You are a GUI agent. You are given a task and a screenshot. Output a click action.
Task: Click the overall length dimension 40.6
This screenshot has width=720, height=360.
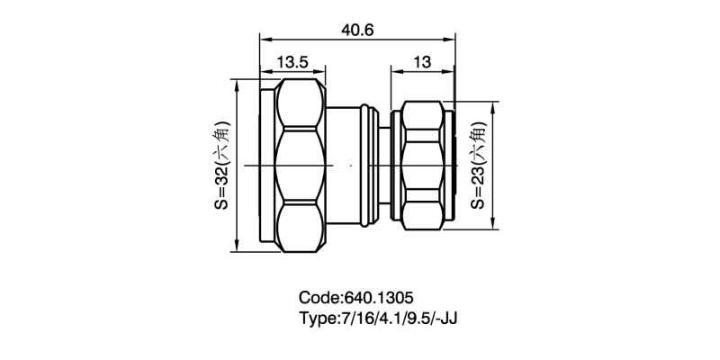coord(357,29)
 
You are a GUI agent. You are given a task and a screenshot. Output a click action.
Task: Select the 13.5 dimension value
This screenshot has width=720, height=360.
coord(293,62)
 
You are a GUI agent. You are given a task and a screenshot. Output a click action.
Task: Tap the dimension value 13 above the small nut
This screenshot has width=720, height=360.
coord(422,62)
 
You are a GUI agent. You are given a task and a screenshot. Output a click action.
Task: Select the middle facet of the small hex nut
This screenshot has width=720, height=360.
coord(423,166)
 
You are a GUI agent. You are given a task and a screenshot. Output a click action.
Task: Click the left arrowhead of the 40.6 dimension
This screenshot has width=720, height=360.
coord(264,39)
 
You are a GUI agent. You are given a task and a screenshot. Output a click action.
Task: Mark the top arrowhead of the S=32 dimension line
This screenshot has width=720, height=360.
coord(236,83)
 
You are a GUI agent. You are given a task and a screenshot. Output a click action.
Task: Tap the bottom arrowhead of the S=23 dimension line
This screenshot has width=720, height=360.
coord(493,227)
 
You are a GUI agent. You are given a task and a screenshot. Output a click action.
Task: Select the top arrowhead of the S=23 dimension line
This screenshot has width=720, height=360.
coord(493,104)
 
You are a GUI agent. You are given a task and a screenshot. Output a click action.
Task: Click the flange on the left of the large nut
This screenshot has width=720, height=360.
coord(266,166)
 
